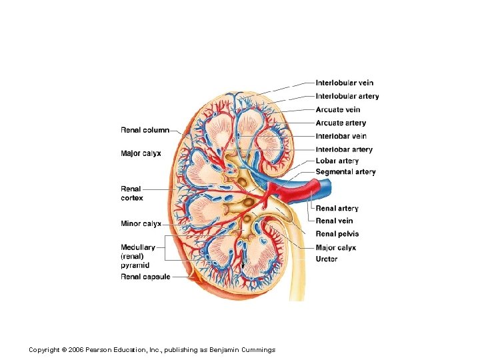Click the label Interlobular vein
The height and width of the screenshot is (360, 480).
tap(344, 83)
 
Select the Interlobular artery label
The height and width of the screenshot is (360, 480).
tap(347, 97)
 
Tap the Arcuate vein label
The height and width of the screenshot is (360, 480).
tap(337, 110)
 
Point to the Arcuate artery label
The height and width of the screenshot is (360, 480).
tap(340, 123)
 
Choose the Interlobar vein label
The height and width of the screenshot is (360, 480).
tap(341, 137)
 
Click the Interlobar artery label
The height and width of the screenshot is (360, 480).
tap(343, 150)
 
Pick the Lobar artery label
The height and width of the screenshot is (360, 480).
tap(337, 161)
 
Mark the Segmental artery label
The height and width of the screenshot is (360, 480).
tap(345, 172)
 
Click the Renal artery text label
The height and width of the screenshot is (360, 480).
tap(337, 209)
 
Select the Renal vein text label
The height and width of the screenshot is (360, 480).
tap(334, 221)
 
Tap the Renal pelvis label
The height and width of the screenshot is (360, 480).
tap(337, 234)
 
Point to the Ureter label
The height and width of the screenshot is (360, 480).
tap(327, 259)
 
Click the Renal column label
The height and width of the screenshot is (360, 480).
tap(145, 130)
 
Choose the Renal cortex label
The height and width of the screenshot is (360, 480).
tap(132, 193)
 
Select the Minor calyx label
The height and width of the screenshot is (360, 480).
tap(141, 224)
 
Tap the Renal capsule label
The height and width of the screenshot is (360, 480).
tap(145, 277)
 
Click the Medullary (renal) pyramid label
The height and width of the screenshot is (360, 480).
tap(137, 256)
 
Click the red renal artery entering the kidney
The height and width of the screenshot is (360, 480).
tap(293, 194)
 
